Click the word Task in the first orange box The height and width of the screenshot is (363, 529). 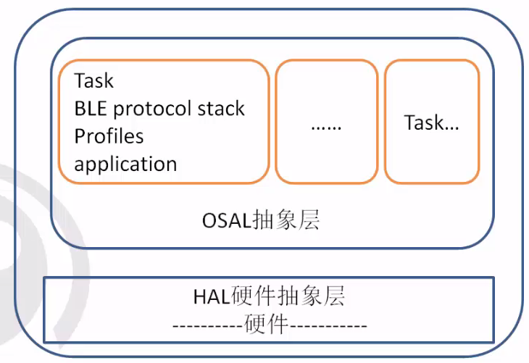pos(94,80)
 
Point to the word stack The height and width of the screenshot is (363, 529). pos(220,109)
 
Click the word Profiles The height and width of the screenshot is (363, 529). pos(109,136)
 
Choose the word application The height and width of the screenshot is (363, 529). pos(125,164)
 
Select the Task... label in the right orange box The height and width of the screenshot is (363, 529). pos(431,122)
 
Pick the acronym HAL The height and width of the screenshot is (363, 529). pos(211,296)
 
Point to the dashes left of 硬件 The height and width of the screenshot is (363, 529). pos(208,325)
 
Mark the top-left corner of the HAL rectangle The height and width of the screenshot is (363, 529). pos(45,278)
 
